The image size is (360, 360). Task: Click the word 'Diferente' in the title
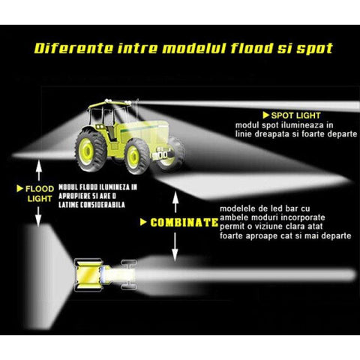pos(73,48)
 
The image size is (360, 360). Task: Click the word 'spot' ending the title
pos(315,49)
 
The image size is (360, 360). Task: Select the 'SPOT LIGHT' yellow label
pos(295,115)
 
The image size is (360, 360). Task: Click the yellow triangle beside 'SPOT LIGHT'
pos(265,115)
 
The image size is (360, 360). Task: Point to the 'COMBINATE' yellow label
pos(184,223)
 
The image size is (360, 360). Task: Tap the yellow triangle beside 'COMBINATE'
pos(143,222)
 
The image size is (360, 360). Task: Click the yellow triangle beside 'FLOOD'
pos(19,189)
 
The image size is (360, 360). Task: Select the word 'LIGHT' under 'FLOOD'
pos(40,199)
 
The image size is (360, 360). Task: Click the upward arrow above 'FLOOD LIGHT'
pos(38,170)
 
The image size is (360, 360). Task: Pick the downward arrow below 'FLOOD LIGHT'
pos(38,217)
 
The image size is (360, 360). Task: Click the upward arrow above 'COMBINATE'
pos(175,202)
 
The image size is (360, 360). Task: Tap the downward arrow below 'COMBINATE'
pos(175,247)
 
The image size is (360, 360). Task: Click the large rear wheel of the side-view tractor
pos(91,150)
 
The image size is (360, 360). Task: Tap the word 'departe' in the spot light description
pos(342,134)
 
